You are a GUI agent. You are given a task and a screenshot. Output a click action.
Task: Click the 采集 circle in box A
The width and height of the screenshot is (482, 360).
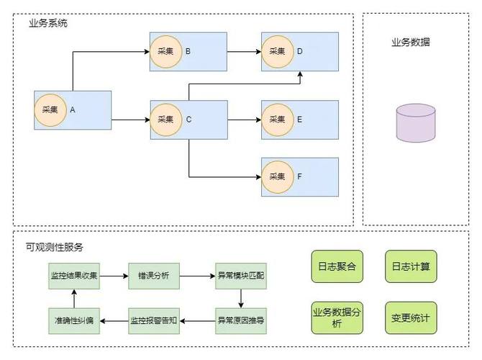[50, 110]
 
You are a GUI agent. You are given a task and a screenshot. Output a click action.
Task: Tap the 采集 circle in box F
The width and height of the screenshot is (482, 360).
[277, 176]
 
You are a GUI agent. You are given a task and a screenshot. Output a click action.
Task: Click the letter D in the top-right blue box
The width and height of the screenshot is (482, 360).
[300, 51]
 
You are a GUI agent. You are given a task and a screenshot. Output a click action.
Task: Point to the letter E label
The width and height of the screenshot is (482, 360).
[300, 120]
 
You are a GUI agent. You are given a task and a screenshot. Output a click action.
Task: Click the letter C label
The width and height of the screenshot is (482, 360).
[188, 120]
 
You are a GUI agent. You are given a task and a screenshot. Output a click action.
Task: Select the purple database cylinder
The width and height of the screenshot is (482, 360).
[415, 122]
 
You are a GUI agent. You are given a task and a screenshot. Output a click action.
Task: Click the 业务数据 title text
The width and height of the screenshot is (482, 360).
[411, 42]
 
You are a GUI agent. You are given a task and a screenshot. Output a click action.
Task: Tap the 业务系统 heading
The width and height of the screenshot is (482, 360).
[48, 23]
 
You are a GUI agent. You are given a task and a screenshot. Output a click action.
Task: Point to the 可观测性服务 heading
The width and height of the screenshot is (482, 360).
[55, 247]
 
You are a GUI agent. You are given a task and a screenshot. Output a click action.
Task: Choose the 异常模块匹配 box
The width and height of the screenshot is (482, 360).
[240, 275]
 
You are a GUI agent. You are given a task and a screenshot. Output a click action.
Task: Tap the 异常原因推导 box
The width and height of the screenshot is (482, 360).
[240, 318]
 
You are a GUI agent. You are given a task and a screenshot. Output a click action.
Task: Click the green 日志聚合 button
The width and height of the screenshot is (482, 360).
[337, 266]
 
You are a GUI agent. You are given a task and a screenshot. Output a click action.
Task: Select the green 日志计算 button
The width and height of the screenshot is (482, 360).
[410, 266]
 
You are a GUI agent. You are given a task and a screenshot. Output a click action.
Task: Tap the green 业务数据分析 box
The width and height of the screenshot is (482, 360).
[337, 318]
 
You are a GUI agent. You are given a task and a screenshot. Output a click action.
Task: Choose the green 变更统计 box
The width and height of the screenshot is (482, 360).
[410, 318]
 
